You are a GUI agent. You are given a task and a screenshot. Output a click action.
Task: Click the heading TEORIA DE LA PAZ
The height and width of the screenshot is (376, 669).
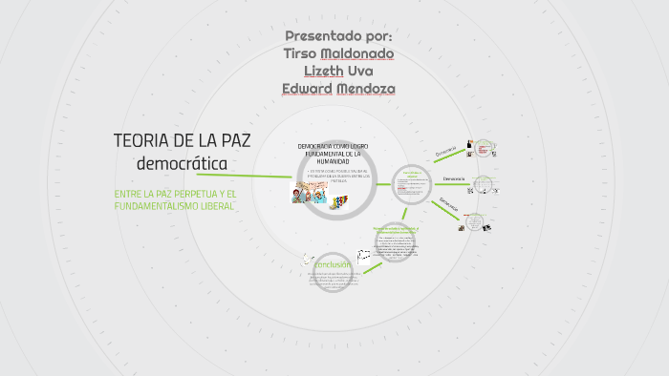[182, 141]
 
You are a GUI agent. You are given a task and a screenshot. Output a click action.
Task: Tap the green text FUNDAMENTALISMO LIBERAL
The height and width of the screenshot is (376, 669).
[173, 206]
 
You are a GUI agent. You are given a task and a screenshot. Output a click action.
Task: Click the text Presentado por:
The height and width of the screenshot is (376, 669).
[338, 35]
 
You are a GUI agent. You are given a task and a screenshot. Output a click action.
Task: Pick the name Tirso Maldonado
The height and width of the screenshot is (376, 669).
[338, 52]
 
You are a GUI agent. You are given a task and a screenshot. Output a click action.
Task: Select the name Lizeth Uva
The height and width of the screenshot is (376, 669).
[338, 71]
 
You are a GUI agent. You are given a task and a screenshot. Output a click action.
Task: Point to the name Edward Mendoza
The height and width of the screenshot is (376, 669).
[338, 89]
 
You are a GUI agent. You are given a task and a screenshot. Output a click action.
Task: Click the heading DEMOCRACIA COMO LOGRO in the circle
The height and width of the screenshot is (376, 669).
[333, 146]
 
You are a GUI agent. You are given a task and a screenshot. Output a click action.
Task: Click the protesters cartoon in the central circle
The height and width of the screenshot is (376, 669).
[310, 192]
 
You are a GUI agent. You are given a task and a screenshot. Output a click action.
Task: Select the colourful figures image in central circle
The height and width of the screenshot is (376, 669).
[337, 200]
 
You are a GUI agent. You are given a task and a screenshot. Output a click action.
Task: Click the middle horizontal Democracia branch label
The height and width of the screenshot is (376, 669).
[453, 178]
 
